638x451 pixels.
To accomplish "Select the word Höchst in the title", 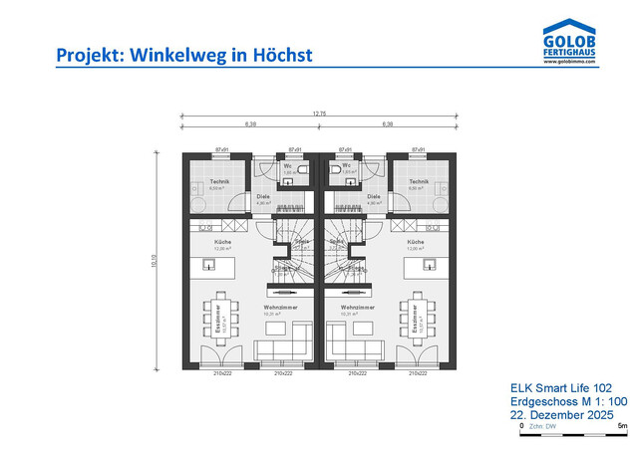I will click(283, 54).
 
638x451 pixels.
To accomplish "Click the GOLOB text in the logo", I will click(570, 38).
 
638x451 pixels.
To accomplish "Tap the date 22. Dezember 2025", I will click(560, 415).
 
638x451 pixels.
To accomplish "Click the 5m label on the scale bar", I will click(622, 425).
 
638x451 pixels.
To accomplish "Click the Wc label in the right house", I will click(348, 165).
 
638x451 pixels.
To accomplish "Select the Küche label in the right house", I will click(416, 242).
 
